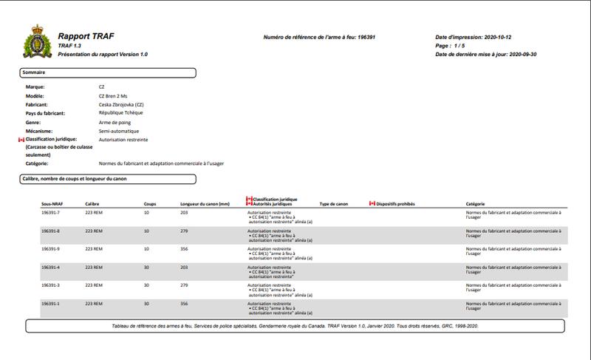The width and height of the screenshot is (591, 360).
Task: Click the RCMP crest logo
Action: [37, 42]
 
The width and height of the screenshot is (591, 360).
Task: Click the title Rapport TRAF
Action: [85, 36]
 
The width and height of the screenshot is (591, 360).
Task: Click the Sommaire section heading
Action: [34, 72]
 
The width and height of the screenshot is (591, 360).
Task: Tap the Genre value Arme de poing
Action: [115, 122]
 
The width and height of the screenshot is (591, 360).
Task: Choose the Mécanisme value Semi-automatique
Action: [118, 131]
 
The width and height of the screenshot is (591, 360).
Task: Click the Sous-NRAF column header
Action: [53, 203]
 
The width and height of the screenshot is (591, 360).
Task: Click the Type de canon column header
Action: [333, 203]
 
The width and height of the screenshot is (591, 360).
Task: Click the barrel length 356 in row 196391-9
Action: [184, 248]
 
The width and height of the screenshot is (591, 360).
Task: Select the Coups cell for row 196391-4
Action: [147, 267]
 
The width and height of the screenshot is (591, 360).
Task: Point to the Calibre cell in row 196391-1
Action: [93, 303]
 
